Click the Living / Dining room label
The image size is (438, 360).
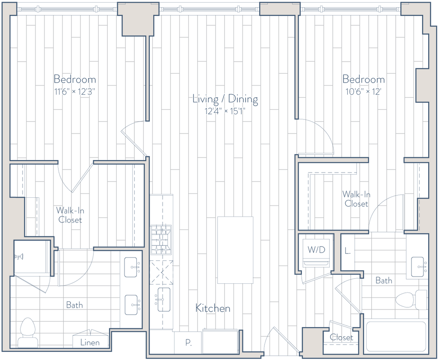point(225,100)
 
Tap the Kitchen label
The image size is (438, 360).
point(213,308)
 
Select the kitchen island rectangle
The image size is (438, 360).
point(236,250)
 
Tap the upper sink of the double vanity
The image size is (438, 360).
point(132,268)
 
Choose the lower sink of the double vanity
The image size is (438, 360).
point(132,305)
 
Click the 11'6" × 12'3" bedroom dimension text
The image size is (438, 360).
point(75,91)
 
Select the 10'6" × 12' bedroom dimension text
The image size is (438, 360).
point(363,91)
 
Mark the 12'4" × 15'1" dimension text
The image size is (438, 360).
point(225,110)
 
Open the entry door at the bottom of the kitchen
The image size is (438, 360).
point(280,340)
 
